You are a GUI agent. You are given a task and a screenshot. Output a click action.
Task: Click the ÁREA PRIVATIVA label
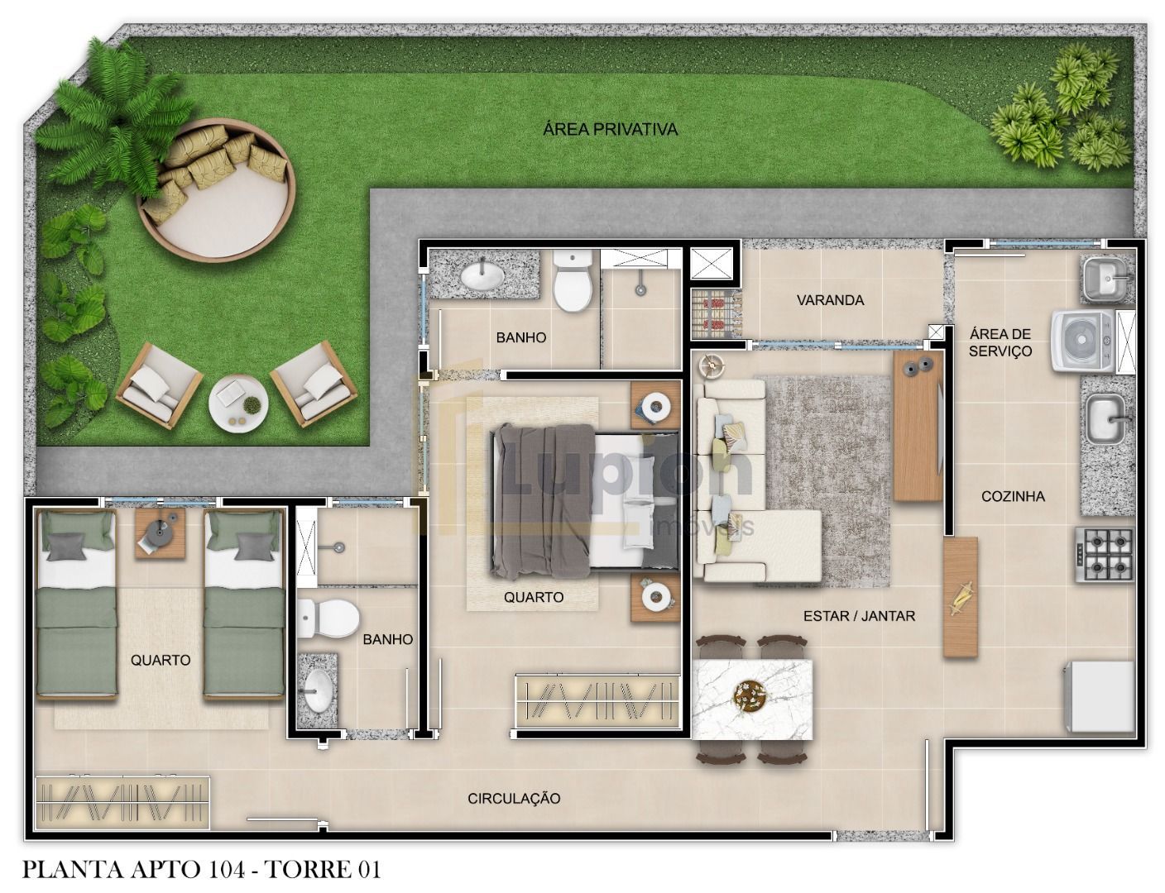[x=610, y=129]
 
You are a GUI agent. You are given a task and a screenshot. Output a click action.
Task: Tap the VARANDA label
[x=830, y=300]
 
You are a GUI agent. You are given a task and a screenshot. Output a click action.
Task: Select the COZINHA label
[x=1012, y=496]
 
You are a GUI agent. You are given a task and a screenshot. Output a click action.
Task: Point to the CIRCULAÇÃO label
[x=514, y=799]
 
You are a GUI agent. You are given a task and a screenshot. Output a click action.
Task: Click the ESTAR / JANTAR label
[x=859, y=615]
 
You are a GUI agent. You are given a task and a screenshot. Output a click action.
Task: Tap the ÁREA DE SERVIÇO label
[x=1000, y=342]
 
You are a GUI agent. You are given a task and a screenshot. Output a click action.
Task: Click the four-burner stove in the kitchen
[x=1104, y=554]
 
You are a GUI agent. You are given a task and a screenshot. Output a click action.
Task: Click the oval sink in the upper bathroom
[x=485, y=275]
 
